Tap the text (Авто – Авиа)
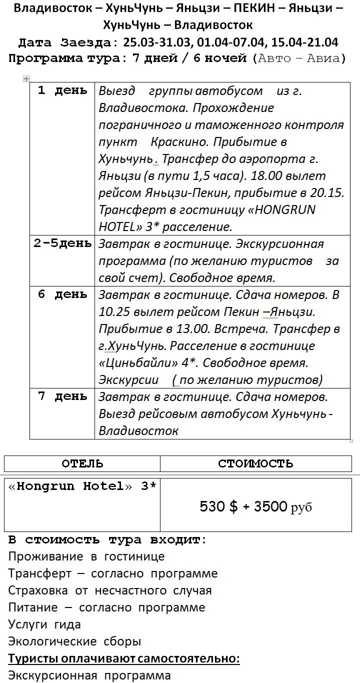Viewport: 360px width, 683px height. click(299, 58)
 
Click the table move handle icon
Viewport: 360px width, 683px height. click(26, 78)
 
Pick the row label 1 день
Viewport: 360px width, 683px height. click(62, 91)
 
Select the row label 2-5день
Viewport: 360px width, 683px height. click(62, 243)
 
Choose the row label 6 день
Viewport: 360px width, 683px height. click(62, 294)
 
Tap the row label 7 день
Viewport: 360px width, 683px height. click(62, 396)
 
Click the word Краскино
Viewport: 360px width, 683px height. click(175, 142)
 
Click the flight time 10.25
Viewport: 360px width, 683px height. click(114, 312)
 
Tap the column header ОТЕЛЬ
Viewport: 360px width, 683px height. click(82, 463)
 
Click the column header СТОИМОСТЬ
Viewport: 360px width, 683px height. click(255, 463)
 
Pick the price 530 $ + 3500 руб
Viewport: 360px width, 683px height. click(255, 506)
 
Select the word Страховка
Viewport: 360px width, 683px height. click(39, 590)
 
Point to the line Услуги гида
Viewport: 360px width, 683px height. click(44, 624)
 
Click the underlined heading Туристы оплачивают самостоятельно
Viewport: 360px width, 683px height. click(124, 658)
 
